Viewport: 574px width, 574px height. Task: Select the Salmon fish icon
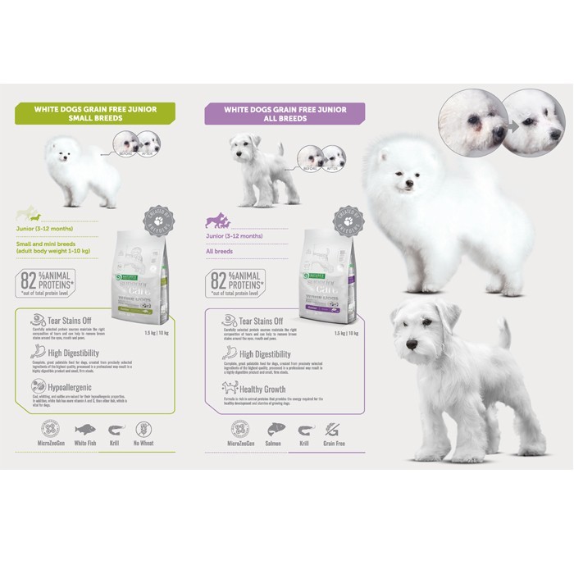point(274,429)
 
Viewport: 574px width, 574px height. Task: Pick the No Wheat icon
point(144,429)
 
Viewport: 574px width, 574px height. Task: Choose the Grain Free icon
point(333,429)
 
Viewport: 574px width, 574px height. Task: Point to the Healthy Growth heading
point(258,389)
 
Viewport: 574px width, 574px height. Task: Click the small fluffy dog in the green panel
point(82,171)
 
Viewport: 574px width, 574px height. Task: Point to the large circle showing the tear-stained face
point(469,121)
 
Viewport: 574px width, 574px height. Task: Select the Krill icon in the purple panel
point(304,429)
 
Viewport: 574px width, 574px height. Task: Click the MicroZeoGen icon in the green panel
point(53,429)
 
